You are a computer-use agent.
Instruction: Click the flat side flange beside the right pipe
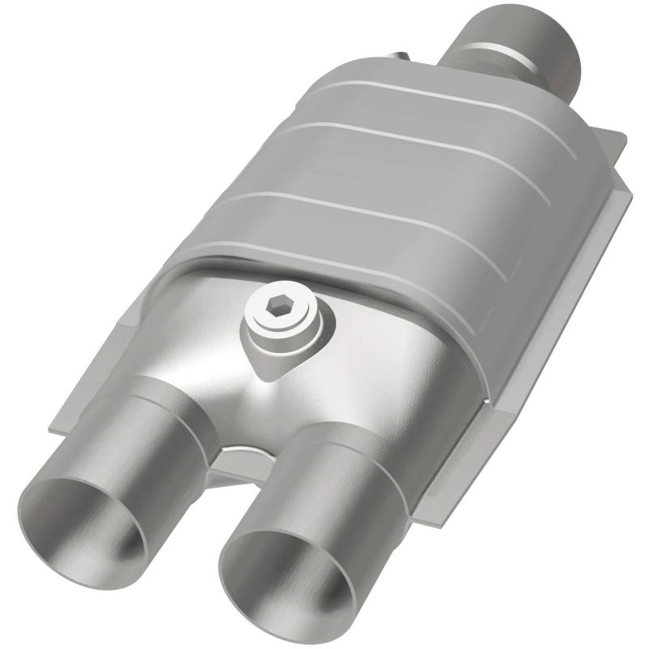point(462,454)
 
